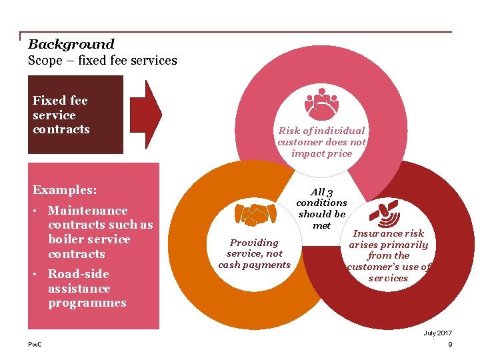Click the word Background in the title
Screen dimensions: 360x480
[71, 45]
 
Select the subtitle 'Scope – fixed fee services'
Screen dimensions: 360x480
[102, 61]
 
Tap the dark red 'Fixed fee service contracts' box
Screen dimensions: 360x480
[75, 115]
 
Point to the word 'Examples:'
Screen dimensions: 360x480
[65, 190]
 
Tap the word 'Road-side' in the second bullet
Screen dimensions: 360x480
[79, 274]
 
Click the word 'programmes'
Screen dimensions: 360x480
[87, 303]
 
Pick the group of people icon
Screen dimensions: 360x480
[321, 101]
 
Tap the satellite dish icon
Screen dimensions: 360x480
[384, 212]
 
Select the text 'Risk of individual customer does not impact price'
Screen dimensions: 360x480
[321, 142]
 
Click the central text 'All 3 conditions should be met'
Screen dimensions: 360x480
[321, 208]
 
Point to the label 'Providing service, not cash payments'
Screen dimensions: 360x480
[254, 253]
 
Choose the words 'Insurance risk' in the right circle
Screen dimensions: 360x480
[388, 233]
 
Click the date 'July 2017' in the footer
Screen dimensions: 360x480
[437, 333]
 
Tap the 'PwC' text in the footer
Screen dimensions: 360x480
[34, 344]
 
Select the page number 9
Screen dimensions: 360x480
[450, 344]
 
